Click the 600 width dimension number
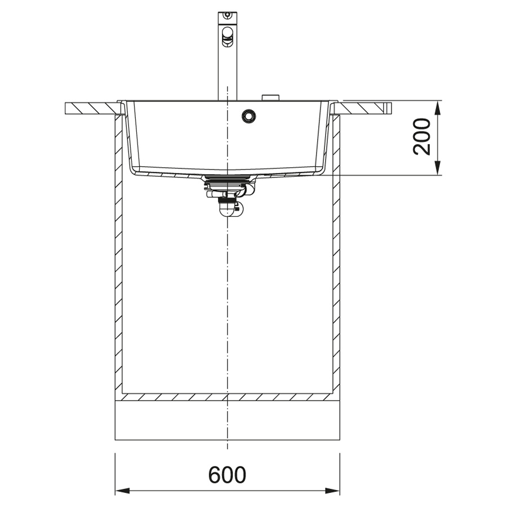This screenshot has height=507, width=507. click(227, 475)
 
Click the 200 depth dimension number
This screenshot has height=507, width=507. click(422, 136)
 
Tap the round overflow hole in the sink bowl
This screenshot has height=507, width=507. click(249, 116)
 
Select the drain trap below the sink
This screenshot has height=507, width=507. click(228, 195)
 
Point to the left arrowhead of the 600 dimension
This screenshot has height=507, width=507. click(123, 491)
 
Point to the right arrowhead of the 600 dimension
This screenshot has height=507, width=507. click(332, 491)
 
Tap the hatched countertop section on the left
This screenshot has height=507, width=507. click(92, 108)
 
